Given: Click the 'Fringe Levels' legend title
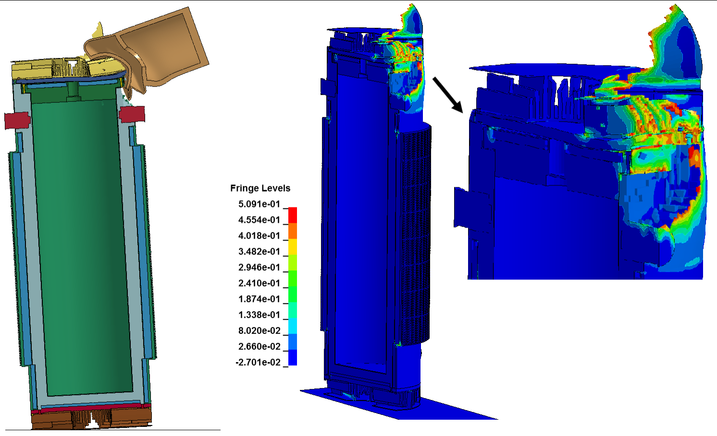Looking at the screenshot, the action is pos(260,188).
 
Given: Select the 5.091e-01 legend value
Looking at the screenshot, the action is pos(259,204).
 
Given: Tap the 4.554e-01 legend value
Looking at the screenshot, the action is pos(259,220).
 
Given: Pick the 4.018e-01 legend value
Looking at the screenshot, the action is pos(259,236).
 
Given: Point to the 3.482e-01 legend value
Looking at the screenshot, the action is pos(259,252).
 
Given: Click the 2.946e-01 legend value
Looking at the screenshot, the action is pos(259,267).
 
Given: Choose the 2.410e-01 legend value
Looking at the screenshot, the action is pos(259,283).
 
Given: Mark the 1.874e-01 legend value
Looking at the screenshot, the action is pos(259,299).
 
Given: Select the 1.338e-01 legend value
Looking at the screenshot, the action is pos(259,315).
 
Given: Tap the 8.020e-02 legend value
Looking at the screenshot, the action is pos(259,330).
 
